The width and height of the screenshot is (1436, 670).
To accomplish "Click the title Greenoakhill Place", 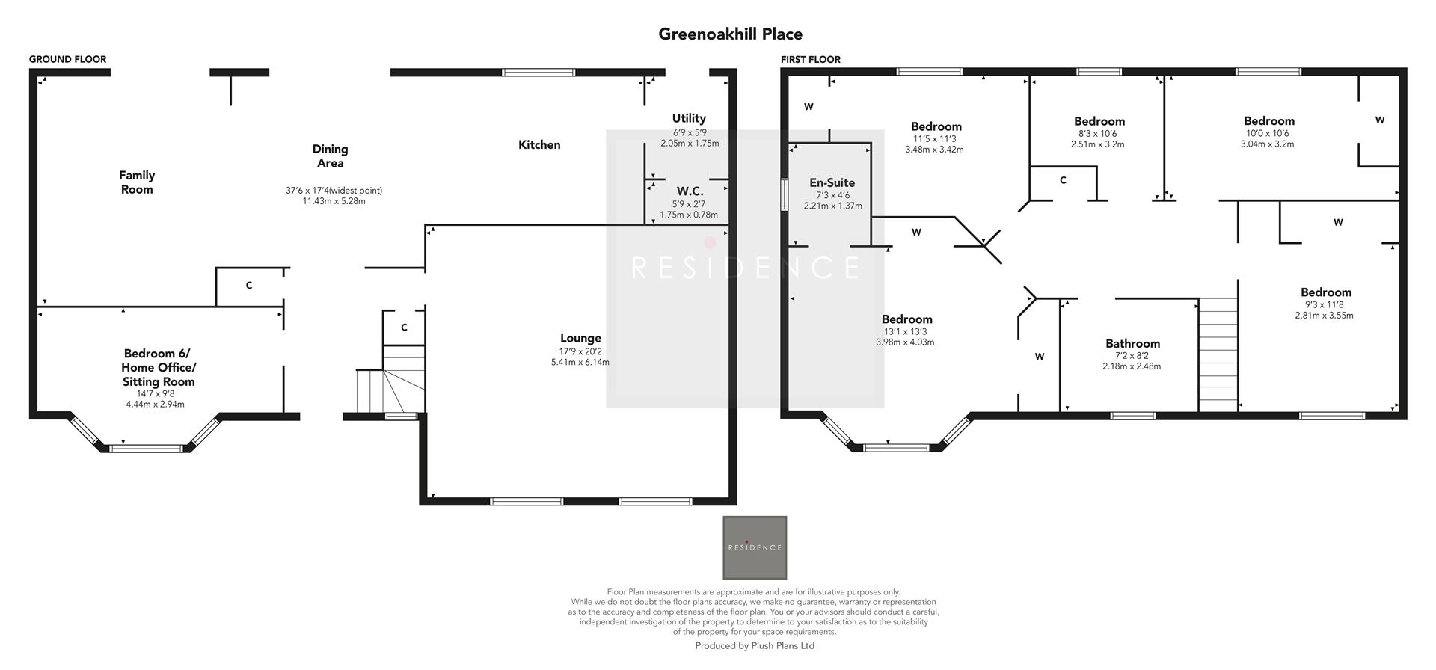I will pos(730,34).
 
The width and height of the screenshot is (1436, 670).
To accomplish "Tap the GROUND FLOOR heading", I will pos(67,59).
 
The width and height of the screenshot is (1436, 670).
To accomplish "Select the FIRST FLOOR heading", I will pos(810,59).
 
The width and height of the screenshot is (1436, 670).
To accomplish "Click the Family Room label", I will pos(137,182).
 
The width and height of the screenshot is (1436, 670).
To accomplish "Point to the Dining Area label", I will pos(330,156).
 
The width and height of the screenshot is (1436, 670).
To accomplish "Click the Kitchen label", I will pos(539,145).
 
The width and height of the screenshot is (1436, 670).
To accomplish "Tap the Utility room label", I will pos(689,118).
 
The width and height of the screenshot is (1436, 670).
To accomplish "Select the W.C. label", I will pos(689,191).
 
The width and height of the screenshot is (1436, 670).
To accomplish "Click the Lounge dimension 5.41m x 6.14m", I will pos(580,363).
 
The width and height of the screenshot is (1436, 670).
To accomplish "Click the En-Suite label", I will pos(832,182).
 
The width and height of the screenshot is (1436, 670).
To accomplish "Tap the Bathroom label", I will pos(1132,344).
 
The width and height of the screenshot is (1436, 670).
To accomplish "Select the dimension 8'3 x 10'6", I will pos(1098,134).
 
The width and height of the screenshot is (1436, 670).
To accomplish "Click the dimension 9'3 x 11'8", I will pos(1325,304).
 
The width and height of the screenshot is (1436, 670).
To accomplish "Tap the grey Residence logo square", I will pos(754,547).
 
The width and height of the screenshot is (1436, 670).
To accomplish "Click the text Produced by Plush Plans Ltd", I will pos(754,645).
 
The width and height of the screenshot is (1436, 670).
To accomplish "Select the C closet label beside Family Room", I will pos(249,286).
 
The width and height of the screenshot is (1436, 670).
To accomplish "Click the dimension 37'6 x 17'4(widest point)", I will pos(334,191).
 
